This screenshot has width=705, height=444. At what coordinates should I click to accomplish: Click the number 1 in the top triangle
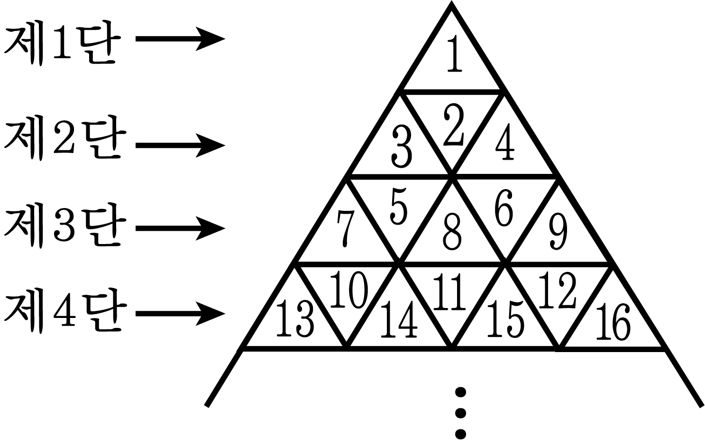pos(455,54)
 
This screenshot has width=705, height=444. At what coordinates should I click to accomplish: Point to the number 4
pos(505,142)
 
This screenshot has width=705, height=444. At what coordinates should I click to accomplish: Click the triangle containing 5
pos(399,208)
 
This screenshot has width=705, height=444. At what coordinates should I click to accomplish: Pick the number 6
pos(504,208)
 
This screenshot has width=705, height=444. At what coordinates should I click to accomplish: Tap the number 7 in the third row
pos(346,229)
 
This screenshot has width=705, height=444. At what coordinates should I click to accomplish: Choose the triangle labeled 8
pos(452,233)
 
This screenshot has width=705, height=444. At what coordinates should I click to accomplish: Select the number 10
pos(349,290)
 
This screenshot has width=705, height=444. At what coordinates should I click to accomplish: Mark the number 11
pos(449,292)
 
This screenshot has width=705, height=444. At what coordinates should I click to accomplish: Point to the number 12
pos(558,290)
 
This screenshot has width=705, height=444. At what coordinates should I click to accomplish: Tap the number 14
pos(399,319)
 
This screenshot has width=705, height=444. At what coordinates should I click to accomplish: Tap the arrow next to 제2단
pos(180,145)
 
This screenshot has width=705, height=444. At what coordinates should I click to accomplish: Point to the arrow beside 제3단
pos(180,228)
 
